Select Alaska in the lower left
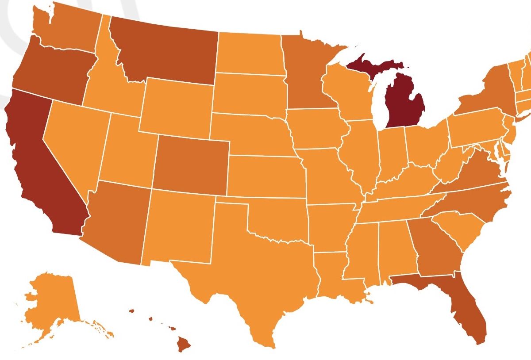(51, 305)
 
